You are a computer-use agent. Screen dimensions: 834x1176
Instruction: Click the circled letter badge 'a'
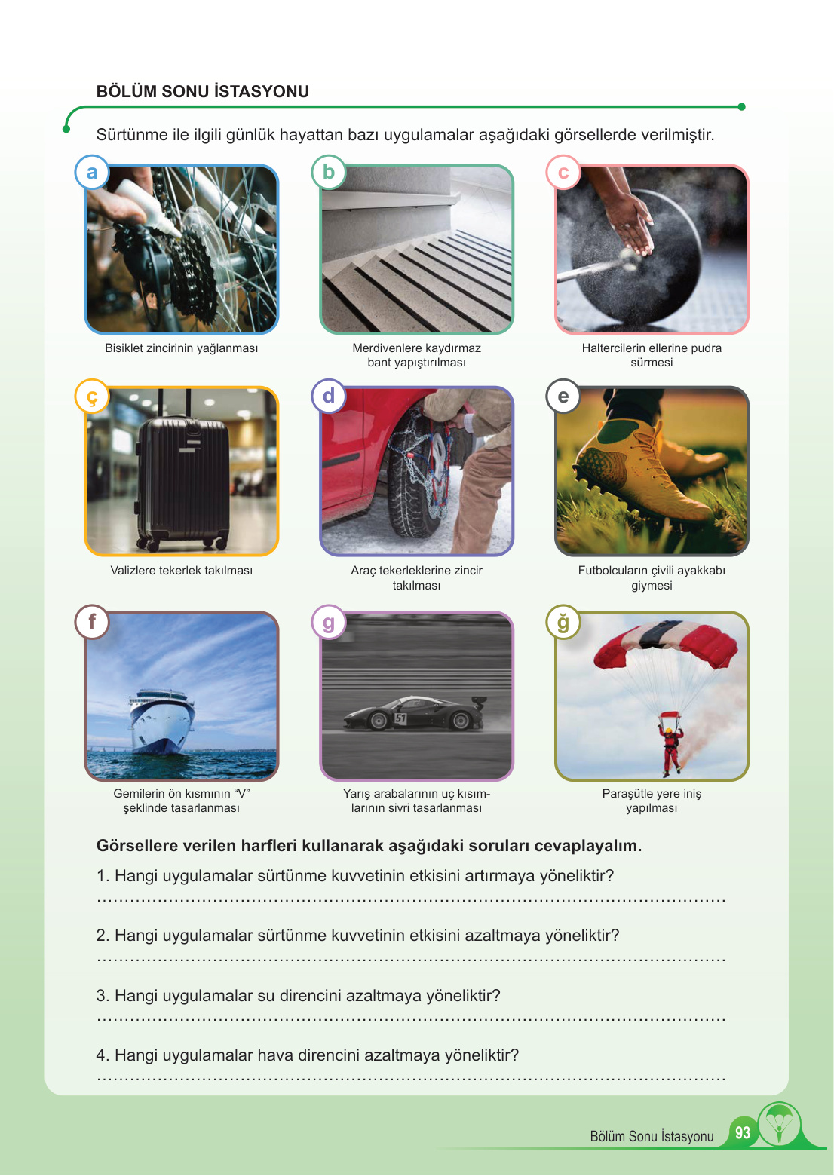[92, 172]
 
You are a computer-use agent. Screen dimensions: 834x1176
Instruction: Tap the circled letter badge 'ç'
[92, 397]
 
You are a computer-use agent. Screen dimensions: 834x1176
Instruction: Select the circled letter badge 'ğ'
[563, 622]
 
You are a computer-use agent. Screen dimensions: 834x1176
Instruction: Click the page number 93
[743, 1132]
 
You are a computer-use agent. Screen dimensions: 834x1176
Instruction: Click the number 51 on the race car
[400, 718]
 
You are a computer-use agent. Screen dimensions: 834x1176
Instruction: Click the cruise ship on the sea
[162, 721]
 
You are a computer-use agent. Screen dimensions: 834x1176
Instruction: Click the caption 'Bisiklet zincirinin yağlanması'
[181, 348]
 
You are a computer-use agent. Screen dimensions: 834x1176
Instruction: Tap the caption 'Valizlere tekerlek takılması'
[181, 571]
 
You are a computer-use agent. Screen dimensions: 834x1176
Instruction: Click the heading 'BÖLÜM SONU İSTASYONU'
[203, 91]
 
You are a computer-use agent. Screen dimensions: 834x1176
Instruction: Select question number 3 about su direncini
[298, 995]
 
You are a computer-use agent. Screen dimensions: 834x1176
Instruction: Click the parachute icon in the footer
[780, 1125]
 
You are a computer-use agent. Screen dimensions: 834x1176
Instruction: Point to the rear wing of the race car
[479, 702]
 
